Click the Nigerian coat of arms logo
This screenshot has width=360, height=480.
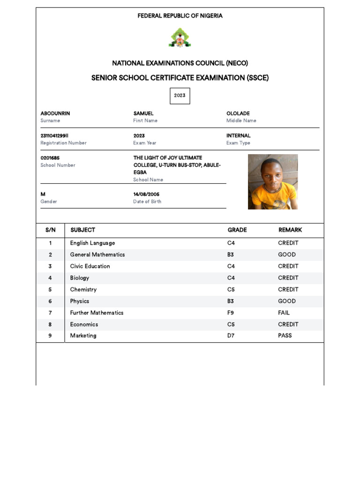click(180, 37)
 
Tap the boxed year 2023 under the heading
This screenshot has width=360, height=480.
click(180, 96)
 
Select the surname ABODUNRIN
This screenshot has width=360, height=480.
click(55, 113)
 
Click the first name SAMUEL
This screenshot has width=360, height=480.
click(143, 113)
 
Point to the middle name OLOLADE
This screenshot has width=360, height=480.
click(238, 113)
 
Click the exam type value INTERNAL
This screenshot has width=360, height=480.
click(239, 136)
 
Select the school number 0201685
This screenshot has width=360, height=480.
click(50, 158)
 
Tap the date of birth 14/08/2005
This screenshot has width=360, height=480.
click(146, 194)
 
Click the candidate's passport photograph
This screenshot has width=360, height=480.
click(273, 181)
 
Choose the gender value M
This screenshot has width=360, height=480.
click(43, 194)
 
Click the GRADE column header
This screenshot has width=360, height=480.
click(237, 230)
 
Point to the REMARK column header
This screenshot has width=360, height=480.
click(290, 230)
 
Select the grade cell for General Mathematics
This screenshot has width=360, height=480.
click(231, 255)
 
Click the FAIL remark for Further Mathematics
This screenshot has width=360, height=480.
click(284, 313)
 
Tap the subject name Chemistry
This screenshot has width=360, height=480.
click(83, 290)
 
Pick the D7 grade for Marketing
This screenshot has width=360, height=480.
click(231, 336)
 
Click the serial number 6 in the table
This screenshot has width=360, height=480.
click(50, 301)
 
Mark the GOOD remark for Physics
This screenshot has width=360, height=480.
click(287, 301)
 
